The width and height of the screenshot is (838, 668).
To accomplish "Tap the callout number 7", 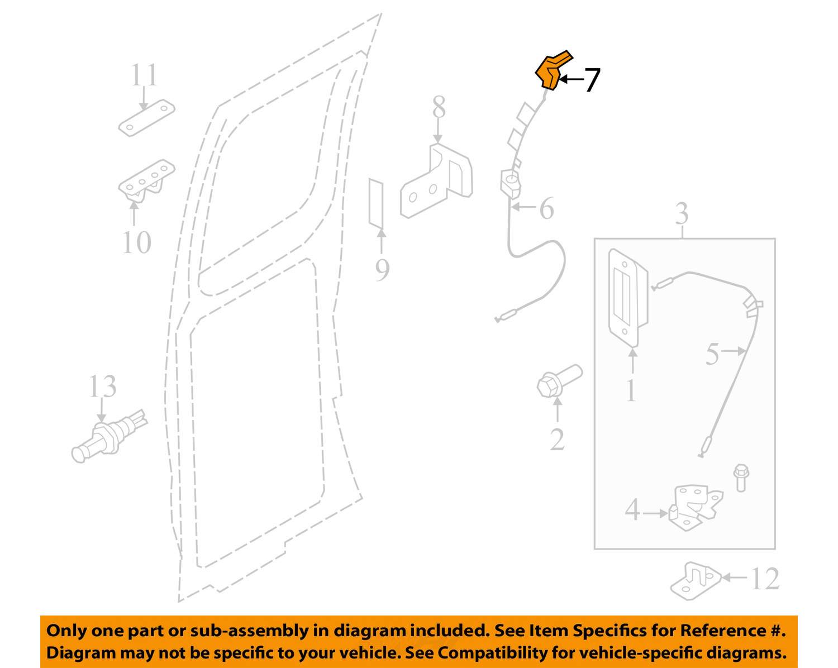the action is click(x=592, y=80).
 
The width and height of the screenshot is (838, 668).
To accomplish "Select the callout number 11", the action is click(x=144, y=75).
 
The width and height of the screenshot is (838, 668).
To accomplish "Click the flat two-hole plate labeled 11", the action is click(x=147, y=117).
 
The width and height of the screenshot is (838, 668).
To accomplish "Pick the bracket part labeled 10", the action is click(x=147, y=180).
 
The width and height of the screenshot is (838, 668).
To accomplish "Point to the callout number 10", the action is click(x=136, y=242).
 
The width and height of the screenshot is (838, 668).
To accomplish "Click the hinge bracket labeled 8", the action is click(x=436, y=180).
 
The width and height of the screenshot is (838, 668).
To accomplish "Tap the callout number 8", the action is click(x=439, y=107).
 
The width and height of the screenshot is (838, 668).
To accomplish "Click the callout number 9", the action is click(x=382, y=269).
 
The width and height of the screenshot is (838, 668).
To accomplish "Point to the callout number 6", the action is click(x=547, y=208).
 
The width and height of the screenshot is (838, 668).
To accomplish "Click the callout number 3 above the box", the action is click(x=682, y=213).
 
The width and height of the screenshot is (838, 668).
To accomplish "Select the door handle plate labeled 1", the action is click(x=628, y=298).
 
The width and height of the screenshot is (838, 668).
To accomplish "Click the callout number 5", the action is click(x=712, y=354).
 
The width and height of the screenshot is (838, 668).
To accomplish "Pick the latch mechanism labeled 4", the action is click(x=696, y=507).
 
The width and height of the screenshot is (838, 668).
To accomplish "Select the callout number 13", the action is click(x=103, y=386).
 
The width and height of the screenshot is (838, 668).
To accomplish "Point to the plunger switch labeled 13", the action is click(x=109, y=436).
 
